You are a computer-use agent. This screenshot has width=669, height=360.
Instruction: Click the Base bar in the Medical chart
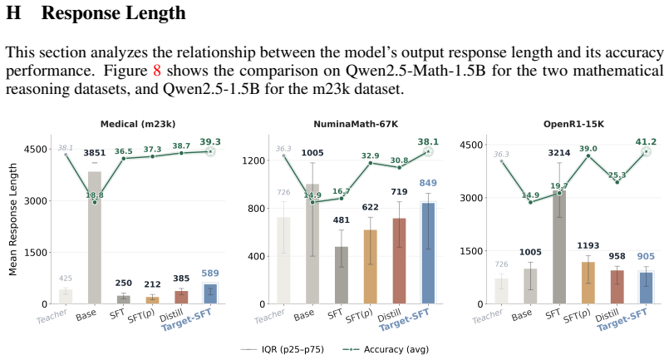95,238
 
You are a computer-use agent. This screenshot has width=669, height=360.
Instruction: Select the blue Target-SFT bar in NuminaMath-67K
428,254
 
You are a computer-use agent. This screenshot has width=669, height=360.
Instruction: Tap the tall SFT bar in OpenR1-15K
559,247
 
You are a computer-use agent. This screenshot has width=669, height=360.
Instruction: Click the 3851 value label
94,153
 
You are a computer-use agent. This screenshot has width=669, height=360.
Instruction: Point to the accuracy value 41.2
646,142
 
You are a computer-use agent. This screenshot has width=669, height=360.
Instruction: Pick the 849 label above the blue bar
428,183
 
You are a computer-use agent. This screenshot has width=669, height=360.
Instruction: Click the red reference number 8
157,71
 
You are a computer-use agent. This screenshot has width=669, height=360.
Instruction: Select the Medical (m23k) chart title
138,124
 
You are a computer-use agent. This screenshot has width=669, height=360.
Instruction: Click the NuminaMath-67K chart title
356,124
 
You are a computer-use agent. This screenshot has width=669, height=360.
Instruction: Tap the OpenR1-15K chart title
574,124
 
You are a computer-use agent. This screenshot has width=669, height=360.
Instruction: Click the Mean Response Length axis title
12,219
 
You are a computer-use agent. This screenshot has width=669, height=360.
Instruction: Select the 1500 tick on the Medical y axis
36,253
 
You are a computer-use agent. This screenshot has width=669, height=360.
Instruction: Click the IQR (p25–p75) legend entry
283,349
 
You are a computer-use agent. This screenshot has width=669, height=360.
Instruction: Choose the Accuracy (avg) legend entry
386,349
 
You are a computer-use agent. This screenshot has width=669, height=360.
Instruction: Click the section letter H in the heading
13,12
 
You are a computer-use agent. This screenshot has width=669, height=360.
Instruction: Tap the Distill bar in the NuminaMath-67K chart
400,261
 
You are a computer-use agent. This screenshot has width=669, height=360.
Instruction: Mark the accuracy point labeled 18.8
95,202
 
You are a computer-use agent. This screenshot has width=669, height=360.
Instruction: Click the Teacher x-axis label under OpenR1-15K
488,317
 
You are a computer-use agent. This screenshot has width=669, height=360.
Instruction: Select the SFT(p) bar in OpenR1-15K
588,283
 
